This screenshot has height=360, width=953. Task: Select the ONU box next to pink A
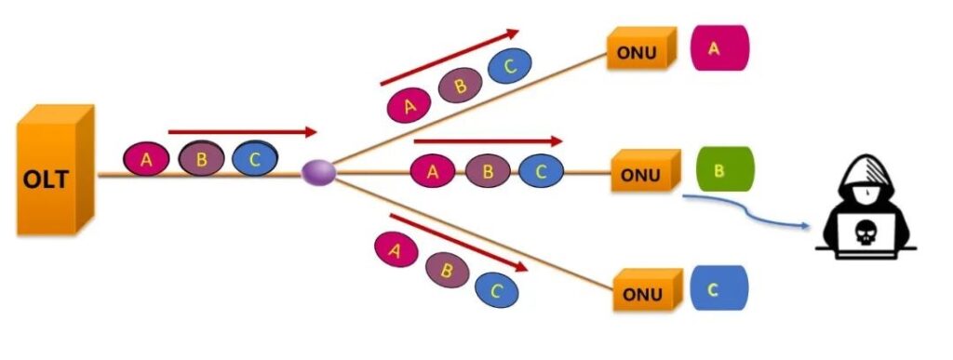[639, 51]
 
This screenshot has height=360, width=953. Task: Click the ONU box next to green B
[642, 173]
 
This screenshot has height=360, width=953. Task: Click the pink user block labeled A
[718, 49]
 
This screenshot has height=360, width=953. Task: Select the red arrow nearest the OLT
[242, 133]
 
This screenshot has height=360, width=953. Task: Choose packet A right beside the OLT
[146, 159]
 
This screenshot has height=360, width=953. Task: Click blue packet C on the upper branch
[508, 67]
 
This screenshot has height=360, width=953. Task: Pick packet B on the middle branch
[483, 171]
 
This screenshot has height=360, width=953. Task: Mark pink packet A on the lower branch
[395, 248]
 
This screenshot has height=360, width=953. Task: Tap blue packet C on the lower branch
[496, 289]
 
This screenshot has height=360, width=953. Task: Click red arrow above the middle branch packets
[488, 141]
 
